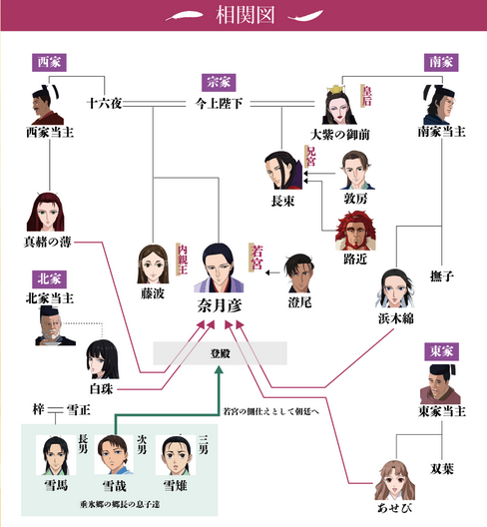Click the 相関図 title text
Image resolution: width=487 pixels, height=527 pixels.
[245, 15]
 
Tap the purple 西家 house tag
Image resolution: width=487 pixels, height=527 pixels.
[49, 63]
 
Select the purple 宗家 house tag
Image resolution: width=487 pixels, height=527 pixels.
[219, 83]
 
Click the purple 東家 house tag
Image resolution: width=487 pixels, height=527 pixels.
[441, 352]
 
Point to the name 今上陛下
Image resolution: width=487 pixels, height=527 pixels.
[219, 104]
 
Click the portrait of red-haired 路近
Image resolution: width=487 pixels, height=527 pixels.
[355, 231]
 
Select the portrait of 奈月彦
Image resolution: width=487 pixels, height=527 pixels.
[219, 267]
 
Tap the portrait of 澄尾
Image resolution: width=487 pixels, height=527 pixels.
[299, 272]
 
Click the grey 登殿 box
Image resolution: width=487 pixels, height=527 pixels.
[221, 353]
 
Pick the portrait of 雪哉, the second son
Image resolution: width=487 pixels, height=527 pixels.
[114, 455]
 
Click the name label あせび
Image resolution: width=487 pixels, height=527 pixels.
[394, 508]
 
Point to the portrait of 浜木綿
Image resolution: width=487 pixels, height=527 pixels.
[395, 288]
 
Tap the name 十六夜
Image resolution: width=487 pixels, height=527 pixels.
[104, 103]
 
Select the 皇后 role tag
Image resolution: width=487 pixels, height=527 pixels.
[366, 96]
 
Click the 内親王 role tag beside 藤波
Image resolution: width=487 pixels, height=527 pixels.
[182, 260]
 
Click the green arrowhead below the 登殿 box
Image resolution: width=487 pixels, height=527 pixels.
[219, 370]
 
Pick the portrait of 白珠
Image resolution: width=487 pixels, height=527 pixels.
[103, 359]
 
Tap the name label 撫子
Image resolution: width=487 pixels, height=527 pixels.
[442, 276]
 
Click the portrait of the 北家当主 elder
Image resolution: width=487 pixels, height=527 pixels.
[56, 325]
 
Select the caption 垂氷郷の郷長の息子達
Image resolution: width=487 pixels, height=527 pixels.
[120, 504]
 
